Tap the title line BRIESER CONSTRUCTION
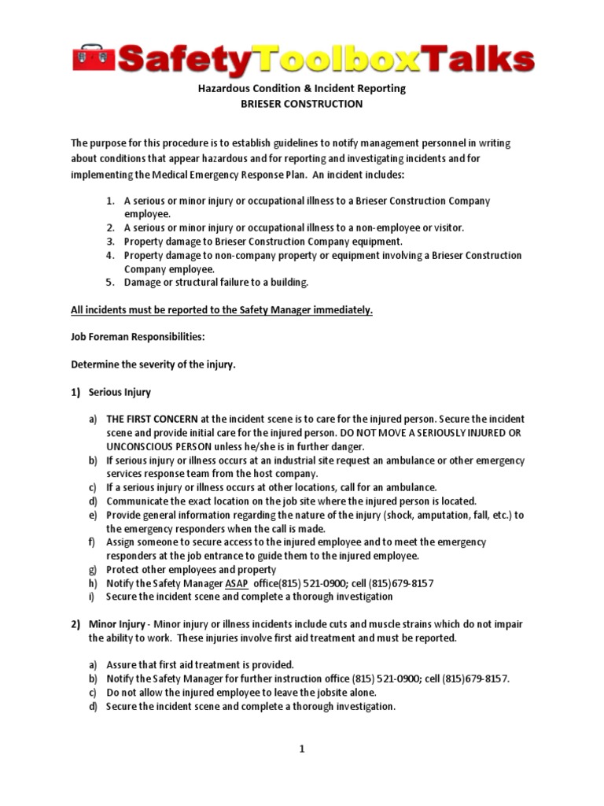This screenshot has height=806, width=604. (301, 103)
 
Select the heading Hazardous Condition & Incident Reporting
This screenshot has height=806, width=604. (301, 88)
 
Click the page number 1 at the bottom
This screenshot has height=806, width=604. (301, 749)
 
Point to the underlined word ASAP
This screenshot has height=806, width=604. (236, 583)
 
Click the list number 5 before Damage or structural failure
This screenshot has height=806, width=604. (110, 283)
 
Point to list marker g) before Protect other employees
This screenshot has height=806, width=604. (93, 570)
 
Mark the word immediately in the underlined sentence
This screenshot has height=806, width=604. (341, 310)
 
